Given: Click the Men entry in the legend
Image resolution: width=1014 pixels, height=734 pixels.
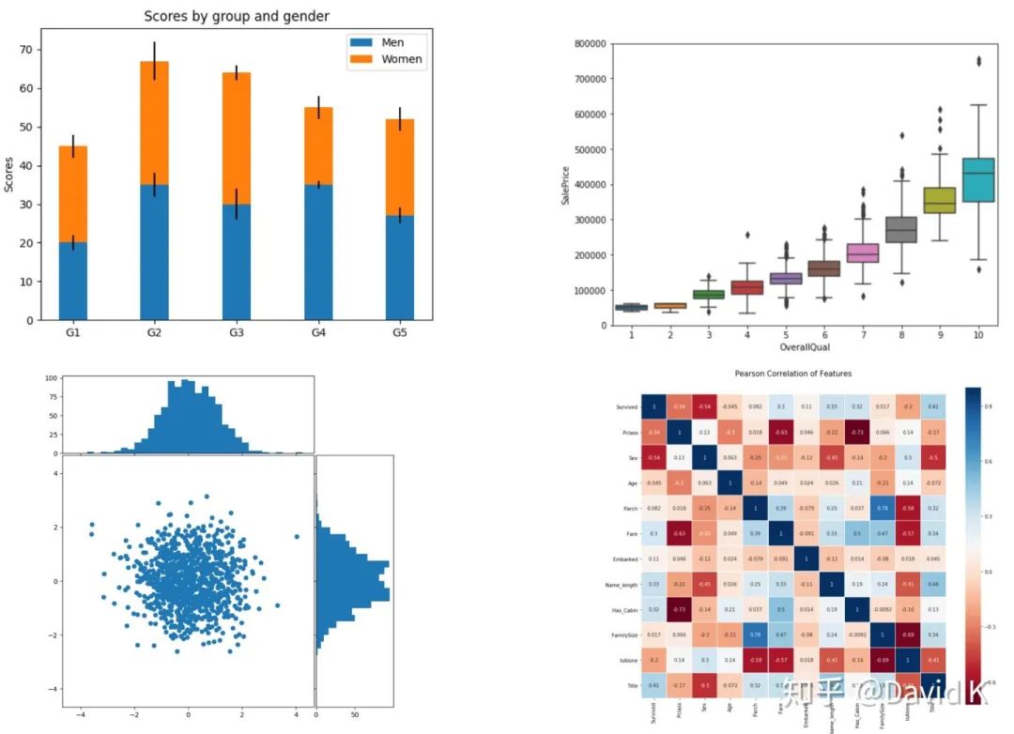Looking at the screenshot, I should [x=391, y=42].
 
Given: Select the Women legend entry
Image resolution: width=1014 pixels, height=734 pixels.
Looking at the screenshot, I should [x=400, y=59].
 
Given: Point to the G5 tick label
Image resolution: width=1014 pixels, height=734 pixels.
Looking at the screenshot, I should [x=399, y=332].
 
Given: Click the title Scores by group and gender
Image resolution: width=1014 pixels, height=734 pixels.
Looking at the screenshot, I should [x=236, y=16].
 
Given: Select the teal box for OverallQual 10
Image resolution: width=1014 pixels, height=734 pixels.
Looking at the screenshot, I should [x=979, y=179].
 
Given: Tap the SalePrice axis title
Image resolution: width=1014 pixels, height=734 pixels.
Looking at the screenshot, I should [x=565, y=185].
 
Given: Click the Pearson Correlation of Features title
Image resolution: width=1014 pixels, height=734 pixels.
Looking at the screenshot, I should [x=793, y=374].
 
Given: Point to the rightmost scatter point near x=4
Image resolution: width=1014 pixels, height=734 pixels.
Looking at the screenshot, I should [x=297, y=537].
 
